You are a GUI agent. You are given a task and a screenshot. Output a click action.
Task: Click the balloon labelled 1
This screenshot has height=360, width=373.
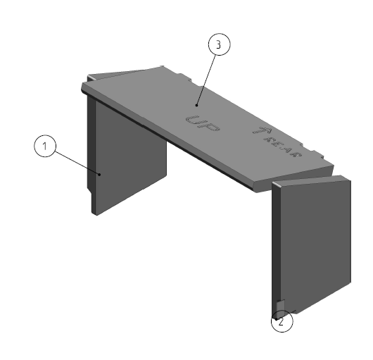click(x=45, y=146)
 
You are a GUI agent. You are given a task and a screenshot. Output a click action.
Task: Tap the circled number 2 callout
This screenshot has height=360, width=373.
click(x=282, y=321)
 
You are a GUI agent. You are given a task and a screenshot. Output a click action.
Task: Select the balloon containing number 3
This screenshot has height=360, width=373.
click(x=220, y=44)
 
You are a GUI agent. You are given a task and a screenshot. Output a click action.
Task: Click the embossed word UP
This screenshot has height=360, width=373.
click(x=203, y=123)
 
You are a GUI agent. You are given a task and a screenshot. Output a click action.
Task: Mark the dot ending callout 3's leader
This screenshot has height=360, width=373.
click(x=197, y=105)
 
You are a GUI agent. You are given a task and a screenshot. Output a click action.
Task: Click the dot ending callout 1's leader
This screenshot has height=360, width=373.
click(x=100, y=175)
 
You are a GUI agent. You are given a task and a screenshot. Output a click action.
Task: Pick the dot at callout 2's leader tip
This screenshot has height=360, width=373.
click(x=276, y=319)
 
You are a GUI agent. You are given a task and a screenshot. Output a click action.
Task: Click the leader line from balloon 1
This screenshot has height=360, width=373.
click(x=77, y=163)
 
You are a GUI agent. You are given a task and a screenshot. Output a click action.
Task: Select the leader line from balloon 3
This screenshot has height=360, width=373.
click(x=206, y=80)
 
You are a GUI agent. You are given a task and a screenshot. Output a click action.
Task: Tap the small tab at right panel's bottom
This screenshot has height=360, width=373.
click(x=281, y=306)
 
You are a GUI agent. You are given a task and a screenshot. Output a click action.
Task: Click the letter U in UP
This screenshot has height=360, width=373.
click(x=193, y=120)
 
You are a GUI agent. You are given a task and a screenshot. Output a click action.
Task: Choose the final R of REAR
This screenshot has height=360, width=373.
click(x=296, y=154)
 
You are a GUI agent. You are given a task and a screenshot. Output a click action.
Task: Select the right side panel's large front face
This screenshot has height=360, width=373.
click(x=316, y=247)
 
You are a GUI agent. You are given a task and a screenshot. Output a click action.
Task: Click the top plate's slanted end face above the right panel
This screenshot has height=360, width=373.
click(x=294, y=178)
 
